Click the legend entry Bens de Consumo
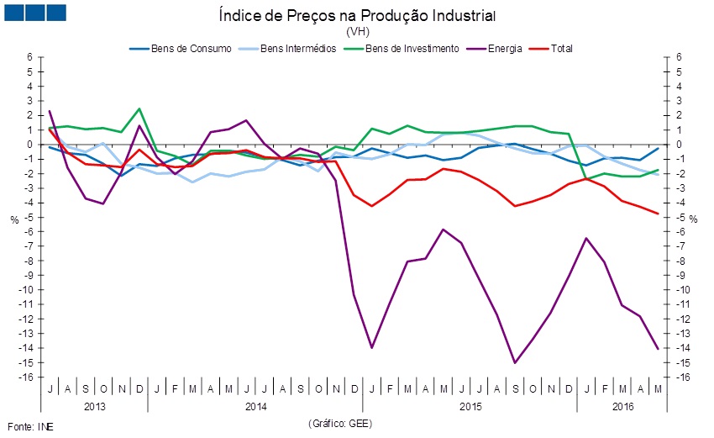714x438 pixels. pos(192,49)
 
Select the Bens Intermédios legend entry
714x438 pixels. pos(299,49)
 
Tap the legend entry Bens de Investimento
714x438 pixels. pos(412,49)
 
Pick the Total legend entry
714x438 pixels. pos(561,49)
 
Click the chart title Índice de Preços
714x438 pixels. pos(357,16)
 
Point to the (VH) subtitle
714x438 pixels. pos(357,31)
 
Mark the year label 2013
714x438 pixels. pos(94,407)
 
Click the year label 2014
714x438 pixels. pos(256,407)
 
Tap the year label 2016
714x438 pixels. pos(622,407)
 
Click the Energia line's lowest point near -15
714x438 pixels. pos(515,362)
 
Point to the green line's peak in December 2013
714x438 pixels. pos(139,108)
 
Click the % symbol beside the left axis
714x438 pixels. pos(14,219)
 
